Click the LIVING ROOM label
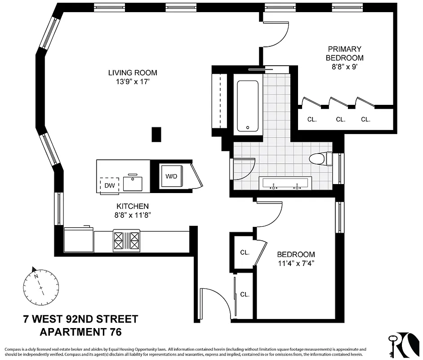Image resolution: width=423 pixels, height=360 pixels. coord(133,72)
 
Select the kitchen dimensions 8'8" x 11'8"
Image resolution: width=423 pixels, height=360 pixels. coord(132,215)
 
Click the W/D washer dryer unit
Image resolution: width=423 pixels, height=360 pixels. coord(171,176)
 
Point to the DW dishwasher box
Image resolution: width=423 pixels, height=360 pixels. coord(110,185)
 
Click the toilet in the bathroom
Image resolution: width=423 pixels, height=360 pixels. coord(320,158)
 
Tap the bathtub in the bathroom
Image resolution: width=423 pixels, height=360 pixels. coord(247,106)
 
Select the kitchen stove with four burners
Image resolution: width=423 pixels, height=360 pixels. coord(126,240)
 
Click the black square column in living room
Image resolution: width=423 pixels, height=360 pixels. coord(156,135)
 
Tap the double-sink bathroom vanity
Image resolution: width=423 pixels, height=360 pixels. coord(285,183)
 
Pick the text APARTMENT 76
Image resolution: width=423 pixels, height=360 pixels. coord(81,333)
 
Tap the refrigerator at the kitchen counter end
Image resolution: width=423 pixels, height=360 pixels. coord(78,240)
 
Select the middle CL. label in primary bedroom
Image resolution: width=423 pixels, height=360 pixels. coord(340,119)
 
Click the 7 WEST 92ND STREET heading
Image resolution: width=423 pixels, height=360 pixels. coord(81,319)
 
